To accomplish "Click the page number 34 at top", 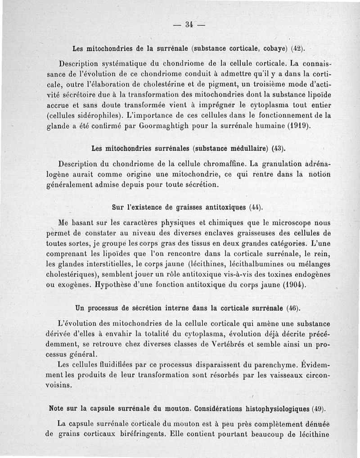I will [189, 24].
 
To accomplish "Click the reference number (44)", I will [255, 207].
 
